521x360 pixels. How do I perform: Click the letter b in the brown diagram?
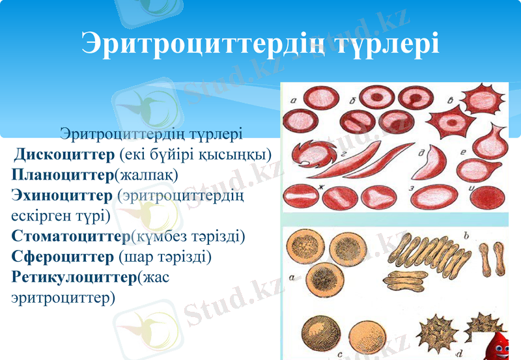tap(465, 234)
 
